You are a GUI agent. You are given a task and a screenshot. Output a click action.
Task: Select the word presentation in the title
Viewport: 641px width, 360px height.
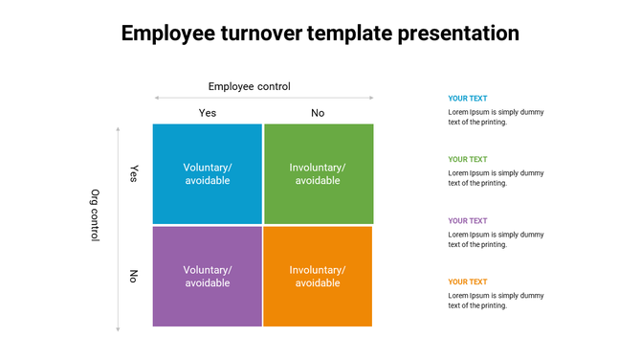click(457, 34)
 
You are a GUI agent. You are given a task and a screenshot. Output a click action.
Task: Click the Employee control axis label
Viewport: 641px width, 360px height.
click(249, 86)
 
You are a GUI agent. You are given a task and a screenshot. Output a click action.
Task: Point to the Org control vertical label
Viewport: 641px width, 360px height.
click(95, 214)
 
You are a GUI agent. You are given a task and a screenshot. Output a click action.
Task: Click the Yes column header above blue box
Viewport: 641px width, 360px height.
click(208, 113)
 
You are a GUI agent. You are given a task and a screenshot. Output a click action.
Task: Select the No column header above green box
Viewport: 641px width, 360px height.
click(318, 113)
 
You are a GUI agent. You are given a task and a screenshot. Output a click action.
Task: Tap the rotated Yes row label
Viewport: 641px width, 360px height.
click(134, 173)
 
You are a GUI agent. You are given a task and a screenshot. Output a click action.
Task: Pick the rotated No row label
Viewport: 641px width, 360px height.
click(134, 277)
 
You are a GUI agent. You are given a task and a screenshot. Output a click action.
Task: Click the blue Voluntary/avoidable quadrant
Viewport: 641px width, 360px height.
click(208, 173)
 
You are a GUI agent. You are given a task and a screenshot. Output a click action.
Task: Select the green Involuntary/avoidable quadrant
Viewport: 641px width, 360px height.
click(318, 173)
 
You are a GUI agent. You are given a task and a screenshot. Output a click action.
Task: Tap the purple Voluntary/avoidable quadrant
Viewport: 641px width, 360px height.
click(208, 276)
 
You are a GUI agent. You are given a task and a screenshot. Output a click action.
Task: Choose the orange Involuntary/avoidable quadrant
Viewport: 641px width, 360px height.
click(318, 276)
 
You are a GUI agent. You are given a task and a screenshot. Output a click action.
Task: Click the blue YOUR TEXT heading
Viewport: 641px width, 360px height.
click(468, 99)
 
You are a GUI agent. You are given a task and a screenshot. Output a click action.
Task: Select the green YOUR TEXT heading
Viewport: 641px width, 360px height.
click(468, 160)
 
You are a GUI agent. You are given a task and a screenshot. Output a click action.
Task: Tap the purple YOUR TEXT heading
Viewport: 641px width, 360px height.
click(468, 221)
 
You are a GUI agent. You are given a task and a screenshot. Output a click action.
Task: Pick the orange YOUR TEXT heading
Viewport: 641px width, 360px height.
click(468, 282)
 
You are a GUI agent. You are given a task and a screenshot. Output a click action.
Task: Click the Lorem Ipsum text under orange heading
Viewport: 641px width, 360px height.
click(496, 301)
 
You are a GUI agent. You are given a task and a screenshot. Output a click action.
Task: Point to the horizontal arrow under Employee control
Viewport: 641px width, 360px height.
click(264, 98)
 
